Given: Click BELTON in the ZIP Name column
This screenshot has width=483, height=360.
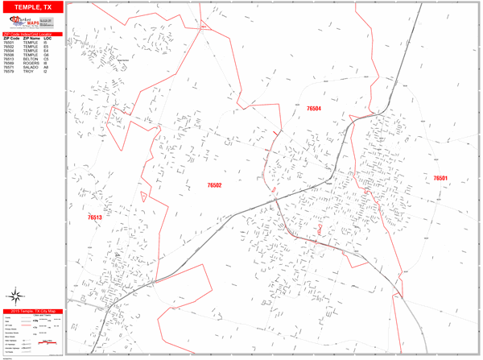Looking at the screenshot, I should [x=30, y=59].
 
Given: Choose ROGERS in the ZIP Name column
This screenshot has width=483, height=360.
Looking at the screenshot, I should [x=31, y=63].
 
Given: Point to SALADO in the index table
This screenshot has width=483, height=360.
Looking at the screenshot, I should [x=31, y=67].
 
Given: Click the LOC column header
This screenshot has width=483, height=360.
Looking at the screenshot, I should [x=47, y=38].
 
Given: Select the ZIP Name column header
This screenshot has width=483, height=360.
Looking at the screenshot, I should [x=31, y=38].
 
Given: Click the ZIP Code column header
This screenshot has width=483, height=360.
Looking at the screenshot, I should [x=10, y=38].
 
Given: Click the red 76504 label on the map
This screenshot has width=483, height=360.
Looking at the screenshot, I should [x=313, y=108].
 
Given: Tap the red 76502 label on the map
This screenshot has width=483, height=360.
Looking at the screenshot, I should [x=213, y=185].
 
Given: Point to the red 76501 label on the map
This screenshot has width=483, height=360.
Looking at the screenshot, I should [x=440, y=178].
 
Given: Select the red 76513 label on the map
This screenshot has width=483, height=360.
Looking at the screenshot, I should [x=95, y=217].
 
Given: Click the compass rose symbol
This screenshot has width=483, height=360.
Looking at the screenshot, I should [x=16, y=296].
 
